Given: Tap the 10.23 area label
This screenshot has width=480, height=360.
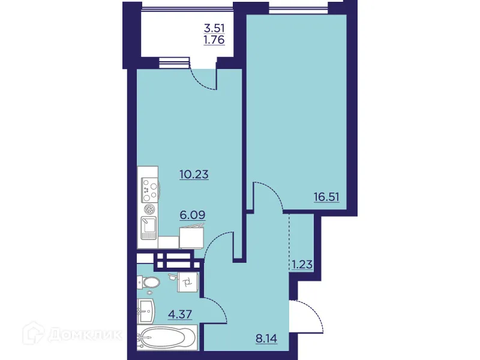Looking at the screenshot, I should pos(194,175).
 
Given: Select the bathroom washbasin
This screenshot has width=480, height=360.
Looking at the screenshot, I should pos(146,310).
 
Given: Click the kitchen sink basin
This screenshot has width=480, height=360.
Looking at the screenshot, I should pos(148,227).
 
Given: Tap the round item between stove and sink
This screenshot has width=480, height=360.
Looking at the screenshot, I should pos(149,209).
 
